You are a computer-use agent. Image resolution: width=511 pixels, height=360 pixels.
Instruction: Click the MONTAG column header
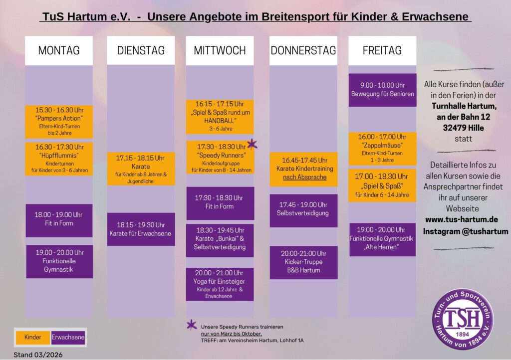click(x=59, y=50)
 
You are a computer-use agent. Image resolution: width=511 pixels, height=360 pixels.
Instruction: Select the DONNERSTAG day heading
click(x=303, y=50)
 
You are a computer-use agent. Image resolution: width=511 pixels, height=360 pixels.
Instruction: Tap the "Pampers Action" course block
click(x=59, y=122)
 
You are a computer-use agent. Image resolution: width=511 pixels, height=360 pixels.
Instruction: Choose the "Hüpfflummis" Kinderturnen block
click(x=59, y=159)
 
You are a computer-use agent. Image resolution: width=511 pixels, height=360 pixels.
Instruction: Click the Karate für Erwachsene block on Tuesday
click(x=141, y=229)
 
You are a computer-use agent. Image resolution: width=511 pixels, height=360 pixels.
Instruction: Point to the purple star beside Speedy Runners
click(x=252, y=144)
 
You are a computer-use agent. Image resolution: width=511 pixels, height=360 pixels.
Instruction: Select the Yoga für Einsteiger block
click(x=220, y=284)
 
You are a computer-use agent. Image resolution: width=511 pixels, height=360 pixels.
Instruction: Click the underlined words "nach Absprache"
click(x=304, y=177)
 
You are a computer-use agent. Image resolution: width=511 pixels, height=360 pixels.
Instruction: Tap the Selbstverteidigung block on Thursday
click(x=303, y=210)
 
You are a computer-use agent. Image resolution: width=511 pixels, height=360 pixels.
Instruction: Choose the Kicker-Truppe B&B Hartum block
click(x=303, y=262)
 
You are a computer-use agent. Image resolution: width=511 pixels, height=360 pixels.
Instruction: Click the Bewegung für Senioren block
click(x=382, y=90)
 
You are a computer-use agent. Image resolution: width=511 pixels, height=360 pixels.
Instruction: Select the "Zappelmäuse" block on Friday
click(x=382, y=149)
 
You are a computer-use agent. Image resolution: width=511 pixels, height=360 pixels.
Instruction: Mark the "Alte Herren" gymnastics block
click(x=382, y=239)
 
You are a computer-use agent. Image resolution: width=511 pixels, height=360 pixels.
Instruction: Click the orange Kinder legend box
click(x=33, y=338)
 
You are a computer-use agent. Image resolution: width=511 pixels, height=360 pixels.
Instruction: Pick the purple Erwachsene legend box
click(x=68, y=338)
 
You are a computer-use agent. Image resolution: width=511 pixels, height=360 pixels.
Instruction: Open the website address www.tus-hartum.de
click(x=462, y=219)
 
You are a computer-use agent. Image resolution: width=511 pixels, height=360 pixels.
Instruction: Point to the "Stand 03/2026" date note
click(x=38, y=355)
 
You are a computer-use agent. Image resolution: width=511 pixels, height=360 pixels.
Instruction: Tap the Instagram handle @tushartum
click(x=466, y=231)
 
